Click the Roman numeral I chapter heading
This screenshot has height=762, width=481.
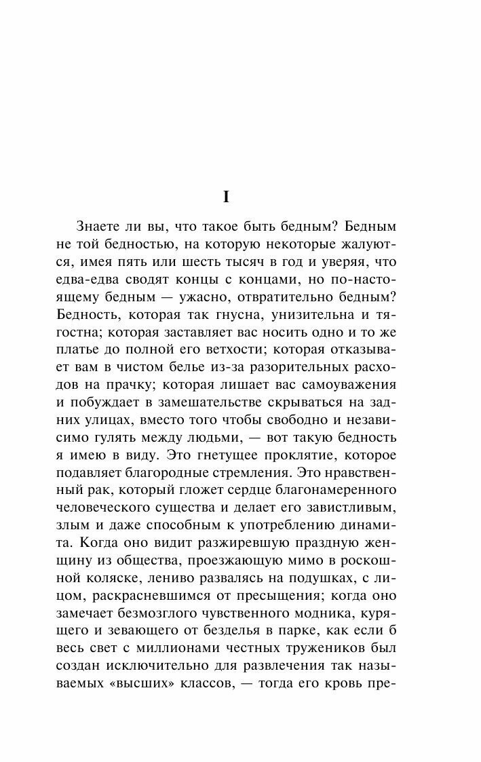(x=227, y=197)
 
